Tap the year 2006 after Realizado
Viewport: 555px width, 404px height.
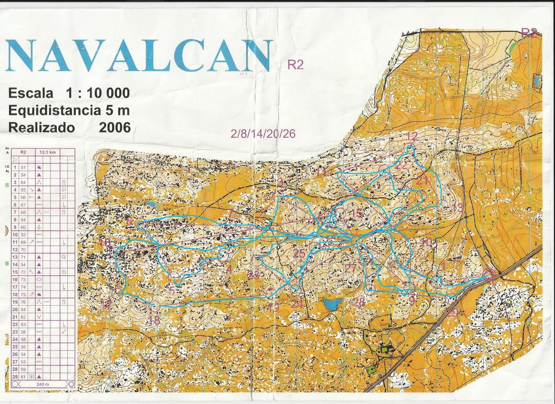point(114,127)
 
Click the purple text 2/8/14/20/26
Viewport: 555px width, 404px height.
point(263,133)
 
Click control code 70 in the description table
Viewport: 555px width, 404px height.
point(24,249)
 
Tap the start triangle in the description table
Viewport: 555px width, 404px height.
point(15,159)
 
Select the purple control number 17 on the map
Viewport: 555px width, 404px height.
point(107,305)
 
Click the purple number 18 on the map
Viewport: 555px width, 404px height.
point(154,321)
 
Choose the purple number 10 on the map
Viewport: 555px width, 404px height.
point(427,242)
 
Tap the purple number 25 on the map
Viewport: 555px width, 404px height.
point(299,254)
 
